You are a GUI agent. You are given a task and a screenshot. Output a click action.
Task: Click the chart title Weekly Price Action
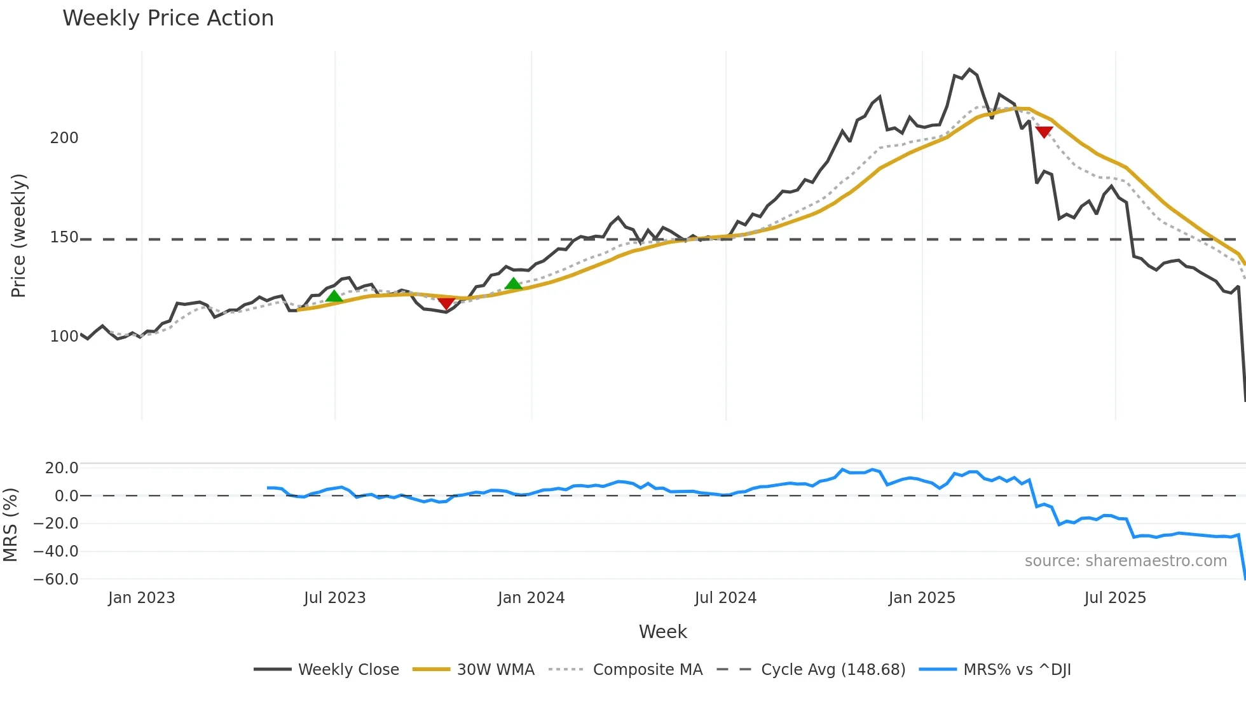click(x=168, y=18)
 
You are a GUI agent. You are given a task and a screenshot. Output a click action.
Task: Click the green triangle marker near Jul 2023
click(x=334, y=296)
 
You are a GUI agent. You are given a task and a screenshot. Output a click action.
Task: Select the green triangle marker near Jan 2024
click(x=513, y=284)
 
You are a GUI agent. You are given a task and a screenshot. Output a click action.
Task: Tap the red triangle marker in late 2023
click(x=446, y=303)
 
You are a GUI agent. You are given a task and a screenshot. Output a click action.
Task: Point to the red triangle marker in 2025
click(x=1044, y=132)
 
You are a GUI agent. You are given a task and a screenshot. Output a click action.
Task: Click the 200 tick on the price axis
click(x=64, y=138)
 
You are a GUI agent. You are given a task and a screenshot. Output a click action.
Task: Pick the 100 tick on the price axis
click(x=64, y=337)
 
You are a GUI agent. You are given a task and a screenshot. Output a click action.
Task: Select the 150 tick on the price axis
click(x=64, y=238)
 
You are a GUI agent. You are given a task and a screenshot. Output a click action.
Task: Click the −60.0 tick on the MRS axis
click(x=56, y=580)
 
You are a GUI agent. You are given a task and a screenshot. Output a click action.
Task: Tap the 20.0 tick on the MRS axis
click(x=61, y=468)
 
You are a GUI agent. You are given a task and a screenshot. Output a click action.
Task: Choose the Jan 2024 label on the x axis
click(x=531, y=598)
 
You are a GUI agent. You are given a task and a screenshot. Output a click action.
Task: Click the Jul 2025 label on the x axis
click(x=1115, y=598)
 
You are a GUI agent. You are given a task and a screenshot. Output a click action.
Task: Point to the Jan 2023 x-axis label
click(x=141, y=598)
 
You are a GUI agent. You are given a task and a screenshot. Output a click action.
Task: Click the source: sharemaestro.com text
click(x=1125, y=561)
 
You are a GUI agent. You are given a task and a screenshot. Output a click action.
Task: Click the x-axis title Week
click(x=662, y=632)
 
